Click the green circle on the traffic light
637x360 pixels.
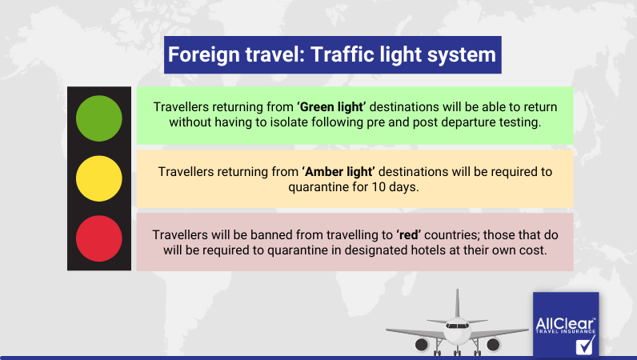pos(98,118)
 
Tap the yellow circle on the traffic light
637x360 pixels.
pos(98,178)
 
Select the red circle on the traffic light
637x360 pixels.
pos(98,238)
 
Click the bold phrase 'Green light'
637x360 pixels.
pos(331,107)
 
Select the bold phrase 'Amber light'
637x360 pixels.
pos(339,171)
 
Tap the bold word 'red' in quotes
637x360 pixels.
pos(409,235)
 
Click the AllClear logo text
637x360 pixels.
pos(565,324)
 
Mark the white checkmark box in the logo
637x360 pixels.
pos(585,345)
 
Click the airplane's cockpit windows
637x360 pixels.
pos(457,326)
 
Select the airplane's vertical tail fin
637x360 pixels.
pos(457,302)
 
